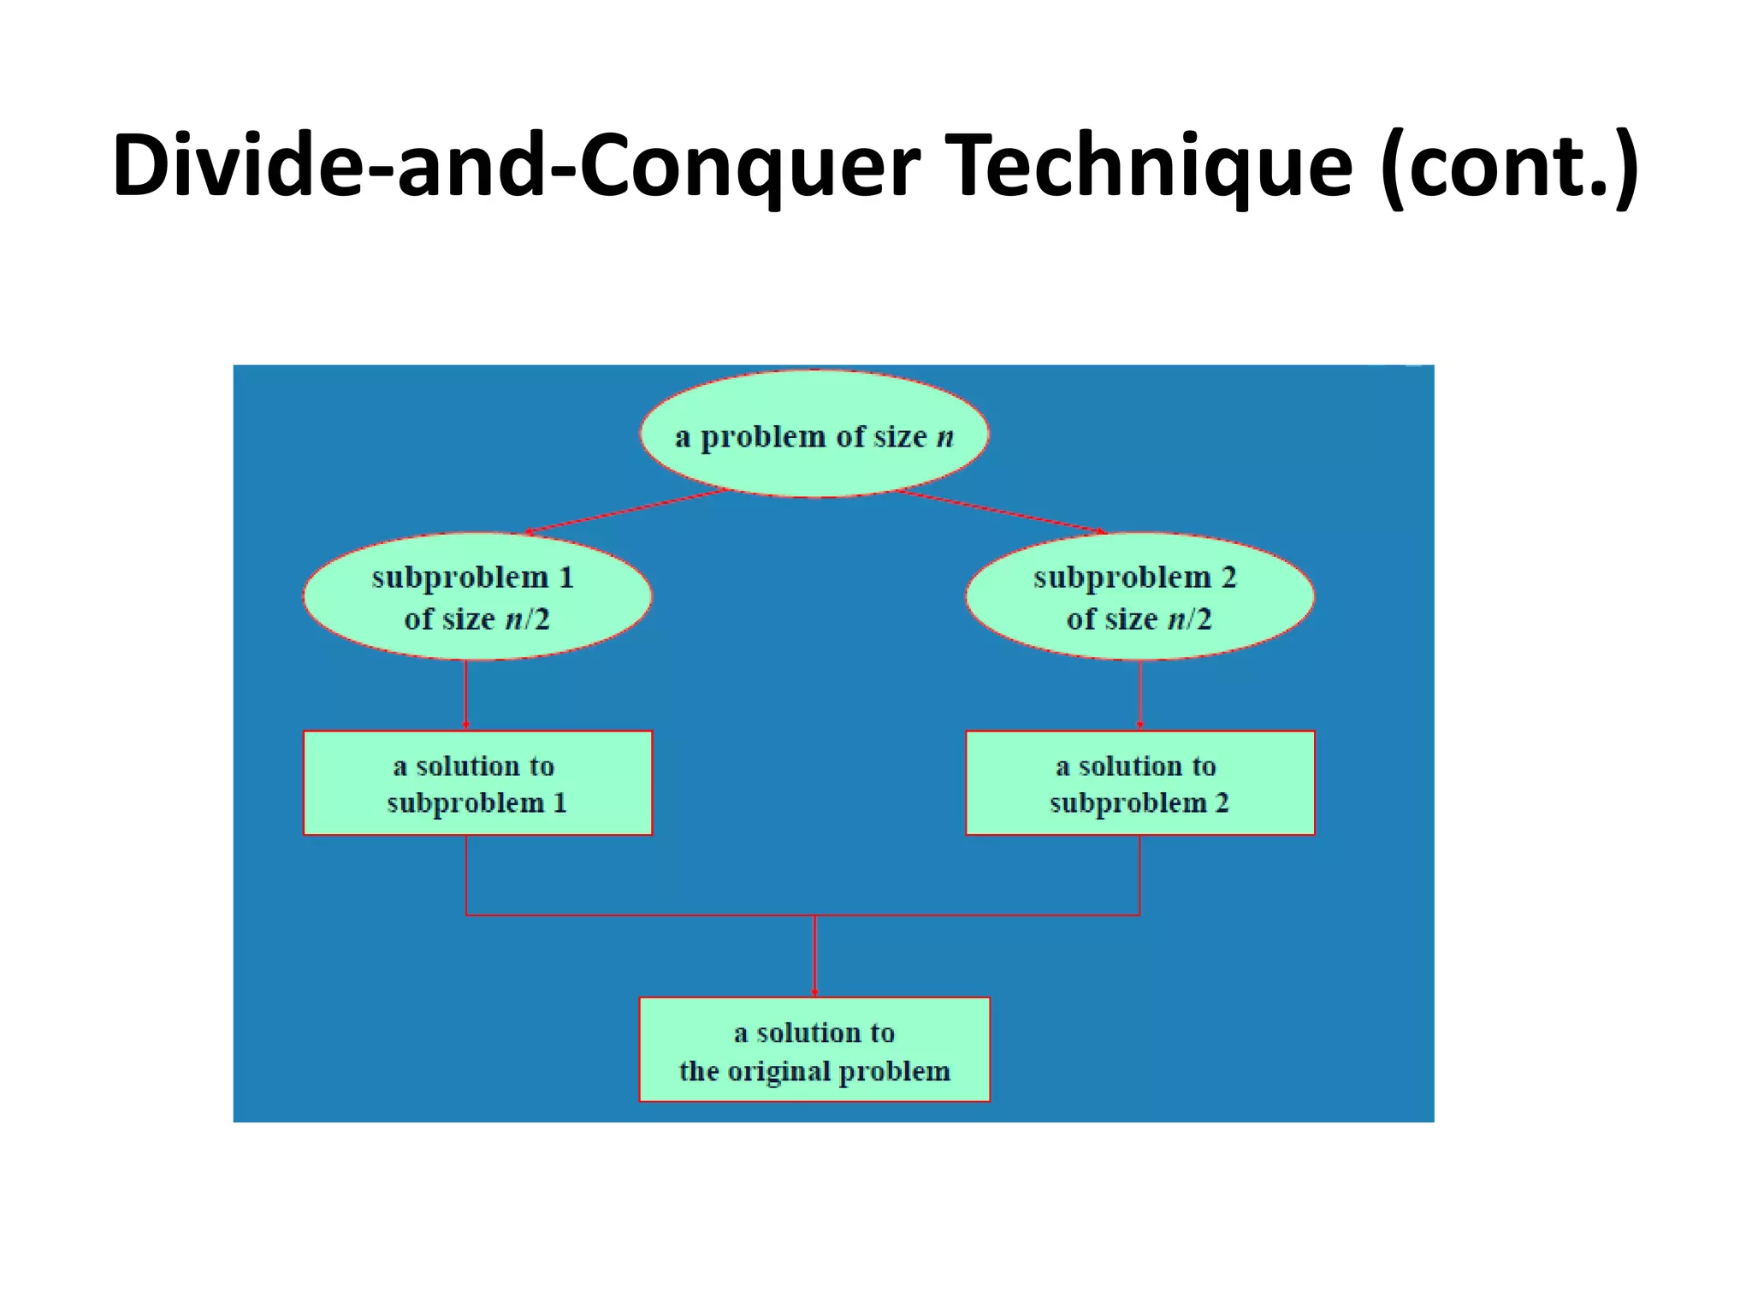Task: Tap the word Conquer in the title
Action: [749, 167]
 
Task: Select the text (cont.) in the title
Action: [1509, 167]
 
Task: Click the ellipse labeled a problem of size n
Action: [814, 435]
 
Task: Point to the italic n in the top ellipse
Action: [944, 437]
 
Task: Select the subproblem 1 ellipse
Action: [477, 596]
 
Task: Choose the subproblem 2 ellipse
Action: [1139, 596]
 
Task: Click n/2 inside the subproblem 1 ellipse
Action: [527, 619]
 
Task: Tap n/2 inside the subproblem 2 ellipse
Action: [1189, 619]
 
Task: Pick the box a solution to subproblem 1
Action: [477, 783]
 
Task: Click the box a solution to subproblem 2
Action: [1139, 783]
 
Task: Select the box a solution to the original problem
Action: [814, 1050]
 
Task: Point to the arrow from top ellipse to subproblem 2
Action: [1001, 512]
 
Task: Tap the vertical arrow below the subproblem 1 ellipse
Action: [466, 695]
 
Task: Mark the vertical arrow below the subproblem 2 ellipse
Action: [1139, 695]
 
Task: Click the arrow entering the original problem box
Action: [814, 956]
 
